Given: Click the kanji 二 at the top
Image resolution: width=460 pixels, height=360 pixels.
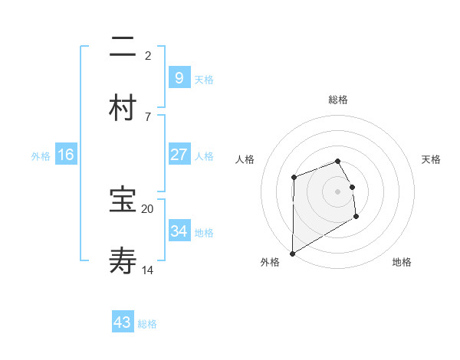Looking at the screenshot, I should click(123, 48).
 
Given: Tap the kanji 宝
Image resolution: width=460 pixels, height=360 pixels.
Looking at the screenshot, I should click(123, 201).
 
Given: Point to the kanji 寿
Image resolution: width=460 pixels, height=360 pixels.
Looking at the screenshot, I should click(123, 261).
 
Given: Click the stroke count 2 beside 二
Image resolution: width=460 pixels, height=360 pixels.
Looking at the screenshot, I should click(148, 55).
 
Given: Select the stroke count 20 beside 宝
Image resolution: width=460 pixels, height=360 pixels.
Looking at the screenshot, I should click(148, 208).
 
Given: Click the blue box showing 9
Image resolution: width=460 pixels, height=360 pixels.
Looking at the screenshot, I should click(179, 77).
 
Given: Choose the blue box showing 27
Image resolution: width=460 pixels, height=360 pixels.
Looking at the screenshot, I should click(179, 155).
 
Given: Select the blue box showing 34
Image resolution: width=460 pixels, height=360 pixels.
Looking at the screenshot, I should click(179, 231).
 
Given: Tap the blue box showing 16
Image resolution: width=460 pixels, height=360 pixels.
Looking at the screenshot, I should click(66, 155).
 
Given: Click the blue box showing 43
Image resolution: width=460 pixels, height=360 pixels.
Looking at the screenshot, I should click(123, 322).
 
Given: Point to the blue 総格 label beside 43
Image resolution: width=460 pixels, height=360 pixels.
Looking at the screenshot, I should click(147, 324).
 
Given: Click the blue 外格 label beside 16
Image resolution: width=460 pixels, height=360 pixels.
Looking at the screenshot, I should click(41, 156).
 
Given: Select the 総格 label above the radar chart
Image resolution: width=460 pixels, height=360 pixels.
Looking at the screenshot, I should click(338, 100).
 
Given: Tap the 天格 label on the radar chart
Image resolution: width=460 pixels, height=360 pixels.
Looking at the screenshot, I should click(432, 159).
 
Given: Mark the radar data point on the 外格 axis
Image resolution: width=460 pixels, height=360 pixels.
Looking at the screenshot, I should click(292, 253).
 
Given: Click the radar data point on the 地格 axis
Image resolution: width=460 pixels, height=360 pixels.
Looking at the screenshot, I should click(356, 217).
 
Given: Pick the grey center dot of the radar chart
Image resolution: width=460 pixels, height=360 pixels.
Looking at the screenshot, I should click(337, 191).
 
